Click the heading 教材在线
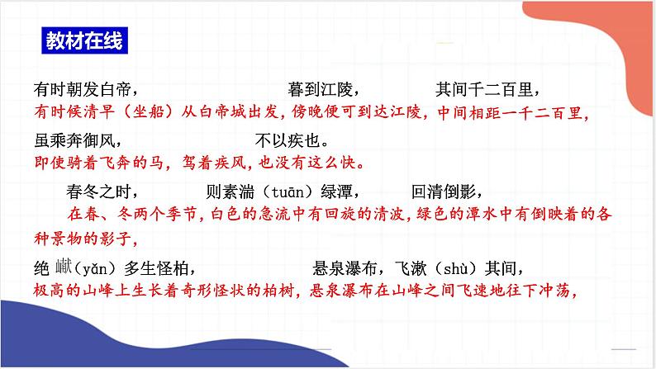pos(84,41)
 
